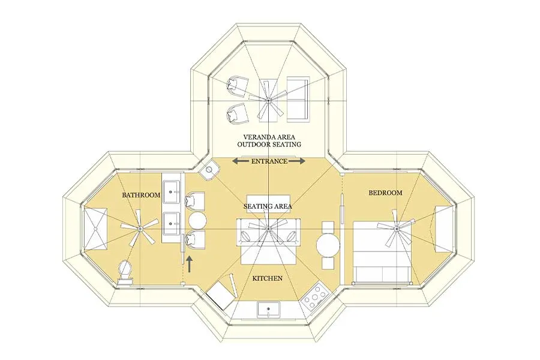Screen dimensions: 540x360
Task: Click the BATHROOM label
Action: click(x=141, y=195)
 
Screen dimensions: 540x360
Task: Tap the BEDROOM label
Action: click(x=385, y=193)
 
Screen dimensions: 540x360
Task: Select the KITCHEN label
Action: click(x=268, y=278)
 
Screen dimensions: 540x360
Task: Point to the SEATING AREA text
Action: click(x=268, y=206)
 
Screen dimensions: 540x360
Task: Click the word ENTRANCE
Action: click(x=269, y=161)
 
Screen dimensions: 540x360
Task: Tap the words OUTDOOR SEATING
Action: click(x=269, y=144)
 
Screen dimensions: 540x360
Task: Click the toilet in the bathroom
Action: click(x=125, y=273)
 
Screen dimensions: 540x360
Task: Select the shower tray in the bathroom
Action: click(x=95, y=229)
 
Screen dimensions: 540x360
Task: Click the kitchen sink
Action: click(x=268, y=310)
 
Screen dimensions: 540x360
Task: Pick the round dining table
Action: click(x=328, y=245)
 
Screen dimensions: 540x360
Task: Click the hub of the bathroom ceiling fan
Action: click(x=140, y=228)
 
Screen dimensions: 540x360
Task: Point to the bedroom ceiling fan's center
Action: click(x=397, y=227)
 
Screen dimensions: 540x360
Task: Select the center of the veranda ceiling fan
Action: click(x=268, y=100)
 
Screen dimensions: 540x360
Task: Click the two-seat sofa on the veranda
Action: click(x=298, y=99)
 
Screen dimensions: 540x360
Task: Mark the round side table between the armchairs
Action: click(x=197, y=220)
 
